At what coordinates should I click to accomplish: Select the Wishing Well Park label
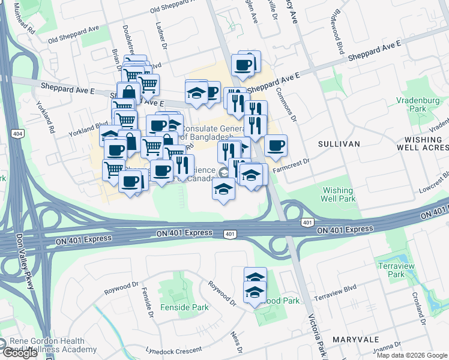[339, 194]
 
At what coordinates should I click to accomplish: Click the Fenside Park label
[184, 307]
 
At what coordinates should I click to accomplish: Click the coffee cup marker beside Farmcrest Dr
[276, 146]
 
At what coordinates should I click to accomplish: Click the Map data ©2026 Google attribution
[412, 355]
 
